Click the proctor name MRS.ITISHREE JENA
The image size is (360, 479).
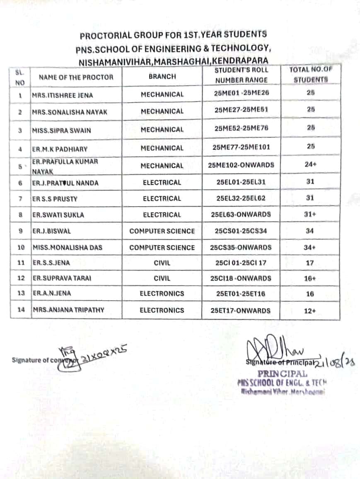63,95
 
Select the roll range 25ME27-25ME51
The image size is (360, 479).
242,111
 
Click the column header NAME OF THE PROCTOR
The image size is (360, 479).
76,77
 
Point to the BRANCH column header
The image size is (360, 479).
162,77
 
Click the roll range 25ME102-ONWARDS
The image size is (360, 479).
241,165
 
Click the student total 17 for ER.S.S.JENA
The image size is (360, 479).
310,263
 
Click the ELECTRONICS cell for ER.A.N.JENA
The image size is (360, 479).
162,294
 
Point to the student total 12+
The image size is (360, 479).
310,311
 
